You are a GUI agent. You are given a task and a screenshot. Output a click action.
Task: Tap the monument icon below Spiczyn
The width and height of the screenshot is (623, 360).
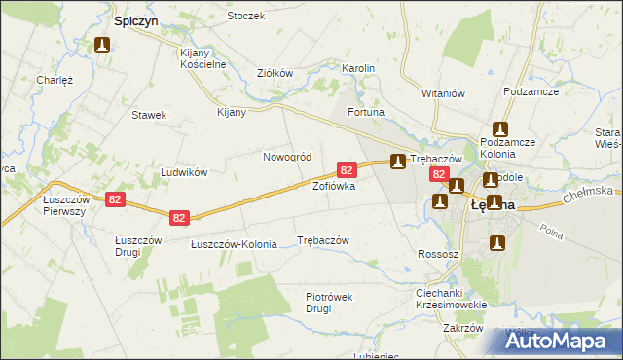coord(102,45)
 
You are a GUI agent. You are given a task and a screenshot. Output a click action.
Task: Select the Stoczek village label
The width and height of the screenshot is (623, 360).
coord(245,17)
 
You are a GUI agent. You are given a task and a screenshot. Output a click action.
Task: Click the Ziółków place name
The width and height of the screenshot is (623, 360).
coord(275,73)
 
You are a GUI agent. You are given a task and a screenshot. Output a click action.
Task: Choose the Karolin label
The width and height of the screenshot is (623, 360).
coord(358,69)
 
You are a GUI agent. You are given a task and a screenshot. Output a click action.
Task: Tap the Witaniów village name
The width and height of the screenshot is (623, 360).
coord(443,92)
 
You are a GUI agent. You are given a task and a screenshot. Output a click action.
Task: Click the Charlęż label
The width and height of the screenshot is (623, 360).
coord(55,80)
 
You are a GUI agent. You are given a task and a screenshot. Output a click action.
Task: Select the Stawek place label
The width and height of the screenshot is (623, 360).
coord(149,115)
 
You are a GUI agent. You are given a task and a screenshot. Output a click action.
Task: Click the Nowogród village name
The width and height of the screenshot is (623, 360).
coord(287,157)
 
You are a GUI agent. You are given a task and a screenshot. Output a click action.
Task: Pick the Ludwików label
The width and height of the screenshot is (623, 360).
coord(184,172)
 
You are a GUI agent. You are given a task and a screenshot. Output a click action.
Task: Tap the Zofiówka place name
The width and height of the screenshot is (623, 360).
coord(333,185)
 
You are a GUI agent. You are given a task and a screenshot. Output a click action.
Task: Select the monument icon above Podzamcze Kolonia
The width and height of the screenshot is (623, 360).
coord(501,128)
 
